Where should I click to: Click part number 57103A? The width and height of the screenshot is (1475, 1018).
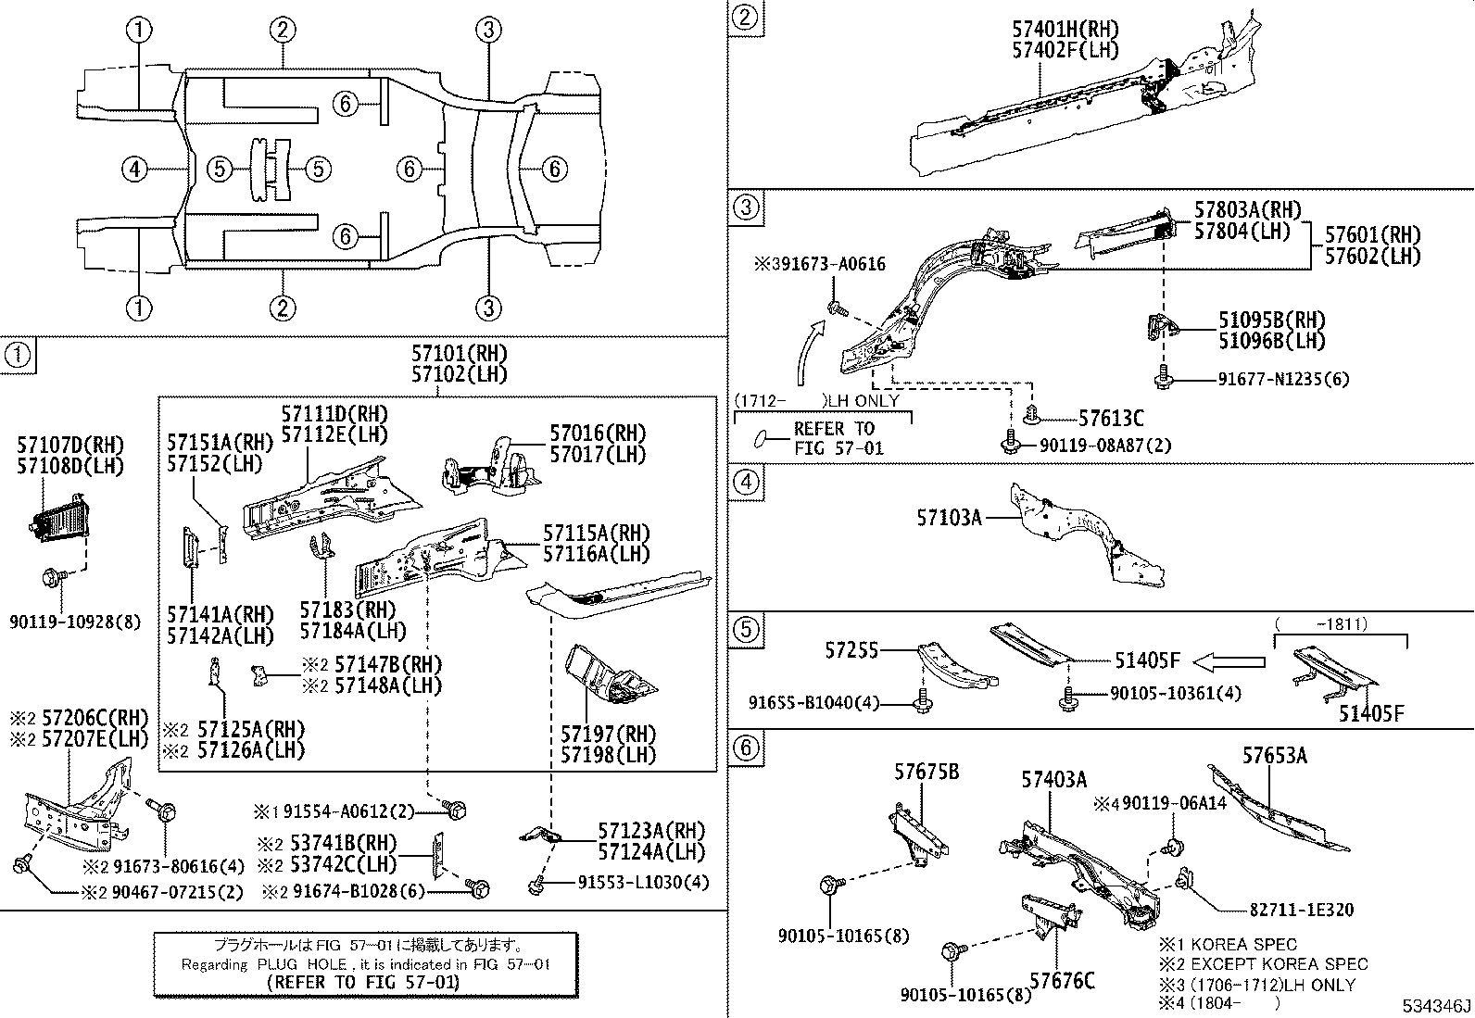click(949, 518)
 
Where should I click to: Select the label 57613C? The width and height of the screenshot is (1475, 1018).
click(1110, 420)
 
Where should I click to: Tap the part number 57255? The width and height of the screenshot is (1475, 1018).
click(851, 651)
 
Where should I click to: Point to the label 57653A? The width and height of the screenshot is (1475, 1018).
click(1274, 756)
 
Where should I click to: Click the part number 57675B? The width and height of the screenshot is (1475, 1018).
click(927, 772)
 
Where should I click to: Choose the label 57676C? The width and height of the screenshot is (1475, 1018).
click(1062, 980)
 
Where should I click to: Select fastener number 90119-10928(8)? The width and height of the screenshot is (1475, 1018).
click(76, 622)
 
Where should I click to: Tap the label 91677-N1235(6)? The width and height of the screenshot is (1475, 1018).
click(1284, 379)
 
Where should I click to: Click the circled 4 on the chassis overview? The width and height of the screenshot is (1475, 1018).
click(135, 169)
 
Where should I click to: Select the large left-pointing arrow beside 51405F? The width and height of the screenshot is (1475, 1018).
click(1228, 661)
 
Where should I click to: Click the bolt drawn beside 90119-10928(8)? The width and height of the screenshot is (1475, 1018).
click(51, 579)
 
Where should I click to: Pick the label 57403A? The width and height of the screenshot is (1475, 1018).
click(1053, 780)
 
